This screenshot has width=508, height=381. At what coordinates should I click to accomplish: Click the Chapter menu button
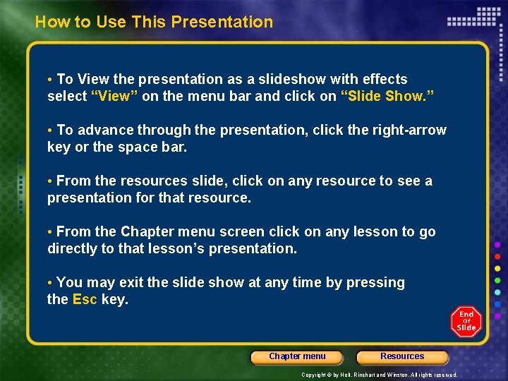[x=297, y=357]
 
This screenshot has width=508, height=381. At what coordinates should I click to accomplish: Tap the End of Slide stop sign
[x=466, y=321]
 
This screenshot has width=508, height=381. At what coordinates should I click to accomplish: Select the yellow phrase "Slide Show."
[x=387, y=96]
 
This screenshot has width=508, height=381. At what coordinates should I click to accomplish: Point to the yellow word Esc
[x=85, y=299]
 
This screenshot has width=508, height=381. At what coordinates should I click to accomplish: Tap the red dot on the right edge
[x=498, y=257]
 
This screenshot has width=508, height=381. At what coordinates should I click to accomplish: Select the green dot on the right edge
[x=498, y=280]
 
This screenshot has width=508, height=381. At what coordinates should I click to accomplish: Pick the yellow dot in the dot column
[x=498, y=269]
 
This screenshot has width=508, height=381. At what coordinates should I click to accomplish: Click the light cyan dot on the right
[x=498, y=292]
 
